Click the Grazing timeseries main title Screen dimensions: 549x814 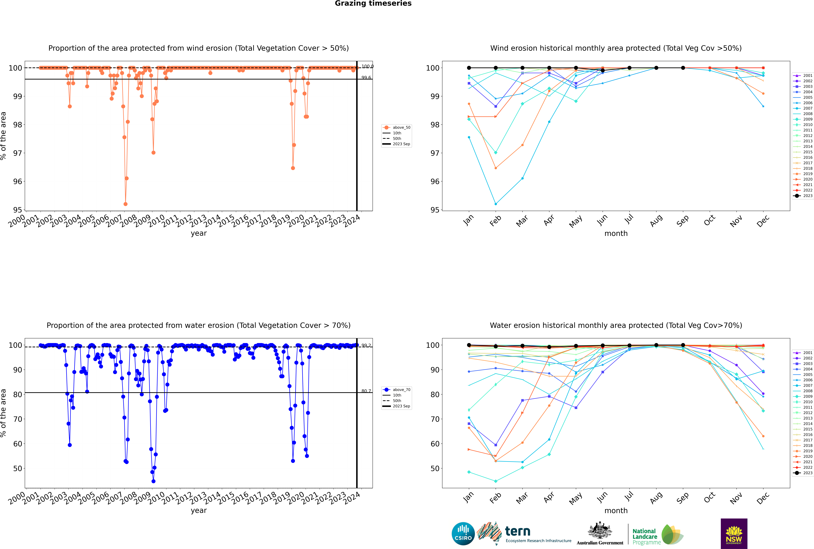(373, 3)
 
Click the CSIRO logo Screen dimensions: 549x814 (463, 534)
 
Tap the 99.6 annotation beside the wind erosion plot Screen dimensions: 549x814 (366, 78)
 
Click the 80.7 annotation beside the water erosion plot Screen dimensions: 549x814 (366, 391)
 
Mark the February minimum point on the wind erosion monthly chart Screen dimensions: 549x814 (496, 204)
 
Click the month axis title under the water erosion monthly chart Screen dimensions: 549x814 (616, 511)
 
